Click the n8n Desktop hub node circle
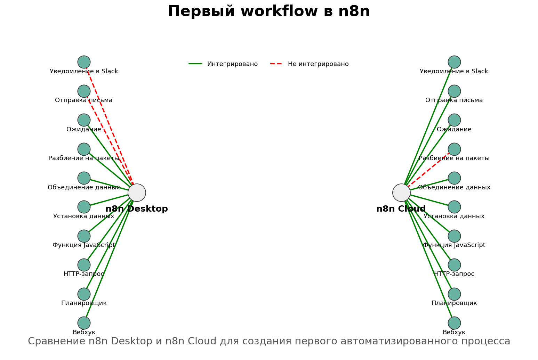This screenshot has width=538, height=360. click(137, 193)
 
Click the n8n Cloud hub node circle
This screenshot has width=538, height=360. click(401, 193)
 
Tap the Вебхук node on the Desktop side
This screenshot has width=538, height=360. click(84, 323)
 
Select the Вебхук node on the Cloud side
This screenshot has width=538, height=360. click(454, 323)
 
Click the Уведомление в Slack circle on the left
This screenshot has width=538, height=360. click(84, 62)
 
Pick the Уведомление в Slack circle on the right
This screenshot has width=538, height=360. click(454, 62)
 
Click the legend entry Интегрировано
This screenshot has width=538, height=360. click(232, 64)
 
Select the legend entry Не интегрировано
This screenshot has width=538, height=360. click(318, 64)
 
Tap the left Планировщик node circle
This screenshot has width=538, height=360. click(84, 294)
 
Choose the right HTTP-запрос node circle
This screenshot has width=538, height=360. click(454, 265)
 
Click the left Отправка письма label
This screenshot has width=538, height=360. click(84, 100)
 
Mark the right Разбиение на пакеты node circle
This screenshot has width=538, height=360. click(454, 149)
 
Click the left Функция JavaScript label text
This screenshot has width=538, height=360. click(84, 245)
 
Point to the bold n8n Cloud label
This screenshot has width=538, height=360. click(401, 209)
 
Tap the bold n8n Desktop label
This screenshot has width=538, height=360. click(137, 209)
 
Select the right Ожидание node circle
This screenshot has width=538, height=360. click(454, 120)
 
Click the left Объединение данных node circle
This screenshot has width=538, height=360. click(84, 178)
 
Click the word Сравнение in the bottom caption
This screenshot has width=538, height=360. click(57, 341)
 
